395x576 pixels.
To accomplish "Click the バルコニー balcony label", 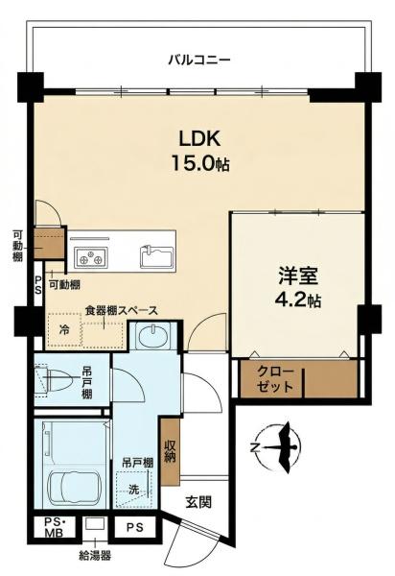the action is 199,60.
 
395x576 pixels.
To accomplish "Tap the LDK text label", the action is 199,139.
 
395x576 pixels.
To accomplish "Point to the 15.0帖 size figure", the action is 200,164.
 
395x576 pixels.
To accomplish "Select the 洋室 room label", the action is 297,276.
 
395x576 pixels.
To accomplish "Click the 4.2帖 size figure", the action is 297,300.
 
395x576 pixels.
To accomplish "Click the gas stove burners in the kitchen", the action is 91,256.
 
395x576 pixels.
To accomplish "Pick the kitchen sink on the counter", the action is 157,256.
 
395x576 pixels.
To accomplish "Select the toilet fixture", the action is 55,380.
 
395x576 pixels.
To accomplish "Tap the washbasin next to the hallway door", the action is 152,336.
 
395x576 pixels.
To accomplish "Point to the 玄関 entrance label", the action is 198,502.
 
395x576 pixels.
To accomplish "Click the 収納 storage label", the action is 170,451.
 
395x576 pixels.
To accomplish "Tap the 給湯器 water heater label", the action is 95,555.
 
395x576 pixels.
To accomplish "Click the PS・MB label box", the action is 55,526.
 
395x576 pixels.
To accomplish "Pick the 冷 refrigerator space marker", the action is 64,329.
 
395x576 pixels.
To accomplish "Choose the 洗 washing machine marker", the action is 133,490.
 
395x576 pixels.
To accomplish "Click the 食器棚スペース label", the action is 122,311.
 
